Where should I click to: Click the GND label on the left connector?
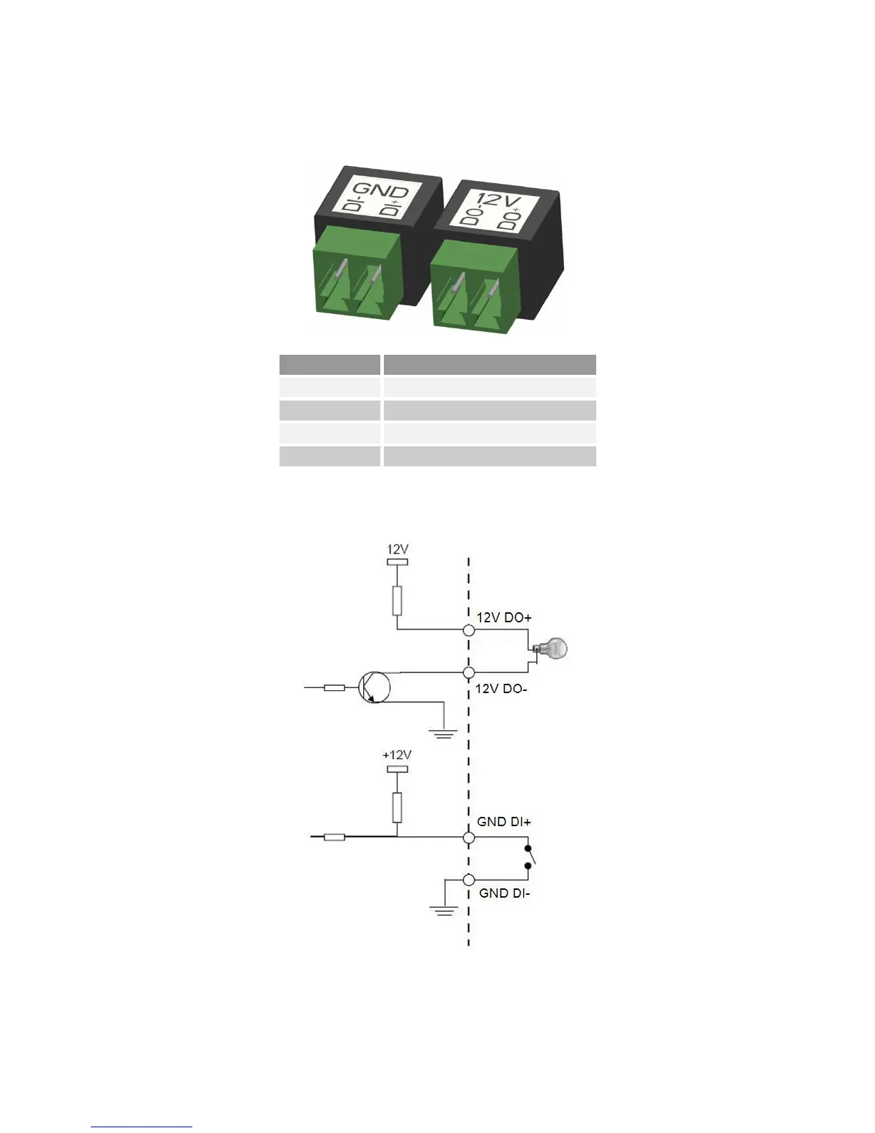point(381,190)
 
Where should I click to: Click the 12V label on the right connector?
point(497,200)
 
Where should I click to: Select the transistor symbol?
point(374,687)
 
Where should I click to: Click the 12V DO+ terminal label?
point(504,617)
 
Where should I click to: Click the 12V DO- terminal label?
point(501,689)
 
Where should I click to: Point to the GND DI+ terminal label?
point(504,822)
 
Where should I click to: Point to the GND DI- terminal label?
point(505,893)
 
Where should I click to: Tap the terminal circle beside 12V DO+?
point(469,630)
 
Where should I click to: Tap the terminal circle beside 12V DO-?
point(469,672)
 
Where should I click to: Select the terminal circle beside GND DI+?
point(469,837)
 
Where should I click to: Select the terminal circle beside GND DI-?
point(469,880)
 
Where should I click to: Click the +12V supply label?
point(397,755)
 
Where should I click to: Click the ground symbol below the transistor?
point(444,731)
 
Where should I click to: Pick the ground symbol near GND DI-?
point(444,910)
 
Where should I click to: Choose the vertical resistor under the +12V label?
point(397,807)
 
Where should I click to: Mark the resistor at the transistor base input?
point(335,687)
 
